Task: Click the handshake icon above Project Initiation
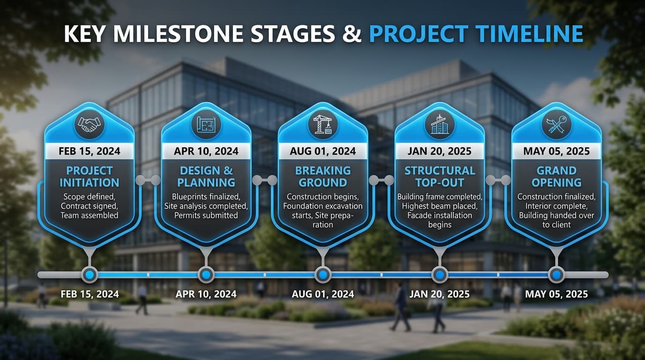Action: pyautogui.click(x=89, y=124)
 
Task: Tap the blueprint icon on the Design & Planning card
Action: pyautogui.click(x=206, y=124)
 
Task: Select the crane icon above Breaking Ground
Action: pyautogui.click(x=322, y=124)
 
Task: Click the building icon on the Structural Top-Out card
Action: pyautogui.click(x=439, y=124)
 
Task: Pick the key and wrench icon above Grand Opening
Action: pyautogui.click(x=556, y=124)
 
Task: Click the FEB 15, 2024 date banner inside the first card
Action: pyautogui.click(x=89, y=151)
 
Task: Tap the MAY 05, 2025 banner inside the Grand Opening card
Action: pyautogui.click(x=556, y=151)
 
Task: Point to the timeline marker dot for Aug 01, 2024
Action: pyautogui.click(x=322, y=274)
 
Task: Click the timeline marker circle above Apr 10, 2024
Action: pyautogui.click(x=206, y=274)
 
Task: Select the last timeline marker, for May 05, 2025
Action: pyautogui.click(x=556, y=274)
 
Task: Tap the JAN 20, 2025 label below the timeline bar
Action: pyautogui.click(x=439, y=294)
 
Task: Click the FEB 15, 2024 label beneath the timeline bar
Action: pyautogui.click(x=89, y=294)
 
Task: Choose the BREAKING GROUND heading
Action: pyautogui.click(x=322, y=176)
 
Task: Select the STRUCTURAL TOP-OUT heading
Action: pyautogui.click(x=439, y=176)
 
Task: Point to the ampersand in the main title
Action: pyautogui.click(x=352, y=34)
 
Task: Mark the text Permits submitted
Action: pyautogui.click(x=206, y=215)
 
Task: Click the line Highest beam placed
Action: pyautogui.click(x=439, y=206)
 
